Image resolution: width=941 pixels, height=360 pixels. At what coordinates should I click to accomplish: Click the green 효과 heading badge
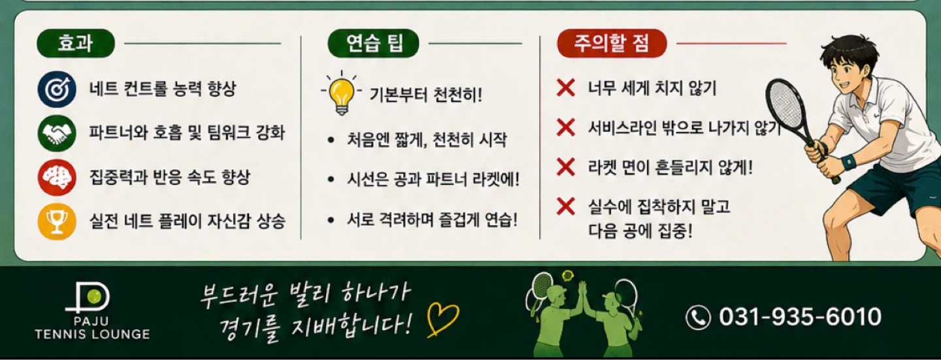(x=76, y=43)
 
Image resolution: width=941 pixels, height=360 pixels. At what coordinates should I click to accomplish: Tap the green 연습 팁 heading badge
(x=374, y=43)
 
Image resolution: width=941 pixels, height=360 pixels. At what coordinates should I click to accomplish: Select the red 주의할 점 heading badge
(x=612, y=43)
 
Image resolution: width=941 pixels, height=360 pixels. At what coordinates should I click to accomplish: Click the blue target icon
(x=57, y=89)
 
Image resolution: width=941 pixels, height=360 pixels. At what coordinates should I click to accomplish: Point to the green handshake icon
(x=57, y=133)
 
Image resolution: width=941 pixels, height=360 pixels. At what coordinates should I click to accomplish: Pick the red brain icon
(x=57, y=177)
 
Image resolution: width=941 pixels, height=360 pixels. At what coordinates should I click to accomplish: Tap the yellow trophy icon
(x=57, y=221)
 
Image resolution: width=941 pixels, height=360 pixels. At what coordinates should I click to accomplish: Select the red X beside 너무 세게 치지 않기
(x=566, y=88)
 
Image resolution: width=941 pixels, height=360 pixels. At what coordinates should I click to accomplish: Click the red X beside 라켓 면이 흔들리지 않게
(x=566, y=167)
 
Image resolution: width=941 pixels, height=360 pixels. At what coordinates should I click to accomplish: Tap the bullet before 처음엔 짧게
(x=331, y=140)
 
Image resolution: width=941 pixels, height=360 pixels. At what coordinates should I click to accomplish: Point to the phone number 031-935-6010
(x=800, y=316)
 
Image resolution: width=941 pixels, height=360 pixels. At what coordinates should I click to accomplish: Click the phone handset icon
(x=698, y=317)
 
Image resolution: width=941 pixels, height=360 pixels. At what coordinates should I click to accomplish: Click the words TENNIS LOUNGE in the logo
(x=92, y=335)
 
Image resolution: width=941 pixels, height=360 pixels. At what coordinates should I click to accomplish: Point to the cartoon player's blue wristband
(x=849, y=162)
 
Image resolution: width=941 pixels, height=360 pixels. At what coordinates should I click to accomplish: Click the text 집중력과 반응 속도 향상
(x=170, y=177)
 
